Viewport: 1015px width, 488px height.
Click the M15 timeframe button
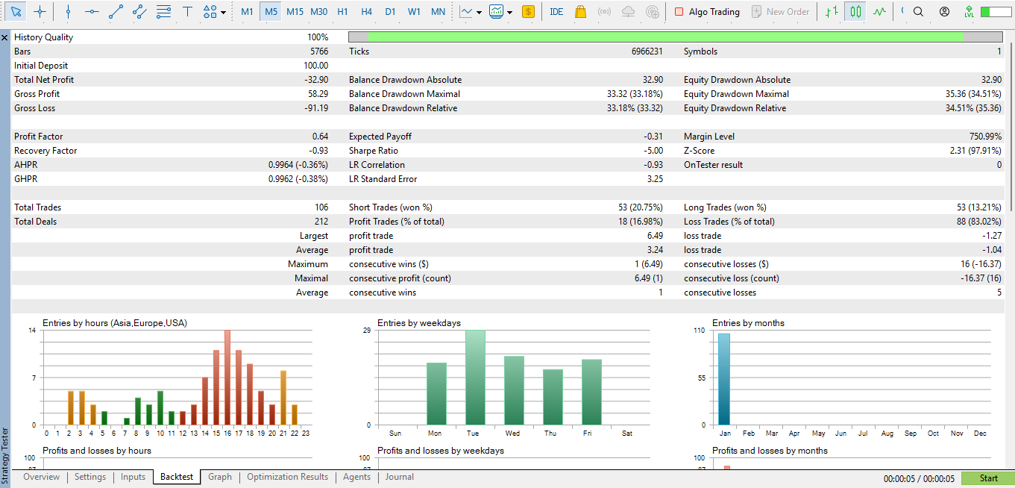(x=295, y=11)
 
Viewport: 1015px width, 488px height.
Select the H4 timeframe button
(x=366, y=11)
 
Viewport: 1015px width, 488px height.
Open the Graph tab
(x=220, y=477)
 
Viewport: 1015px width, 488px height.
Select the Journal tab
(x=400, y=477)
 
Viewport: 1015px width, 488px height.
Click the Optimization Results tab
(x=287, y=477)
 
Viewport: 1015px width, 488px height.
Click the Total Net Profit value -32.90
(x=312, y=80)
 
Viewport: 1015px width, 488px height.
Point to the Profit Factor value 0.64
(x=320, y=137)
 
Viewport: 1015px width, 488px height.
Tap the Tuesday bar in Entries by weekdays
(x=476, y=378)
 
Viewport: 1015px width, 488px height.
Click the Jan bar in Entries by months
(x=724, y=379)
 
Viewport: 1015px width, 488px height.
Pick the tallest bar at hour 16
(x=227, y=378)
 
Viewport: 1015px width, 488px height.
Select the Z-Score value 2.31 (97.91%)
(x=970, y=151)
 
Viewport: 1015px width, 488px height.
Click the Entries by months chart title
(x=748, y=323)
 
